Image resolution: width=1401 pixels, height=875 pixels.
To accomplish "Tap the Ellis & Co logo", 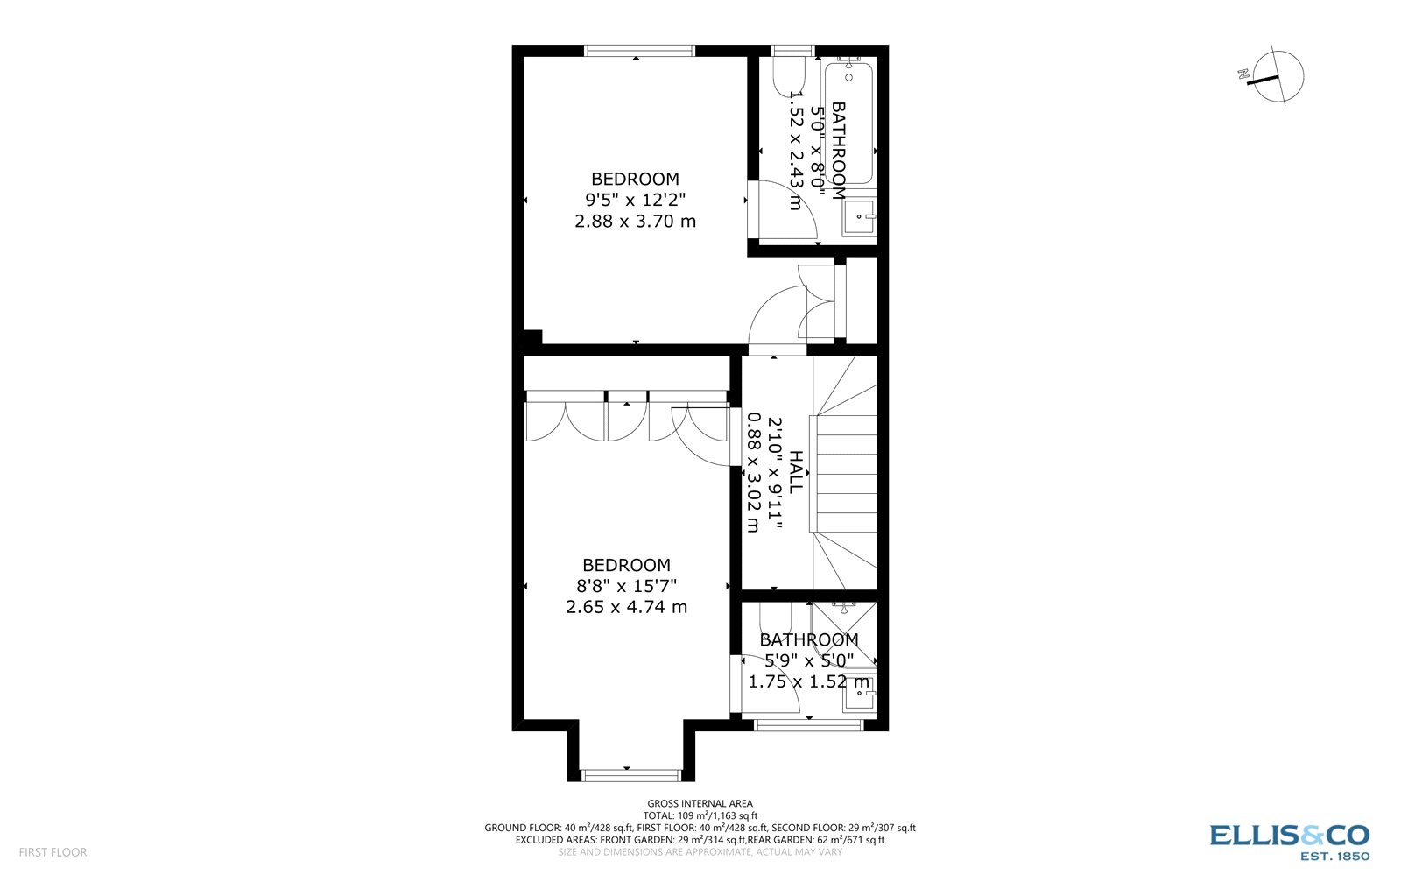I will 1289,841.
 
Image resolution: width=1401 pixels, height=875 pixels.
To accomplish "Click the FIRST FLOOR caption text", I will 53,852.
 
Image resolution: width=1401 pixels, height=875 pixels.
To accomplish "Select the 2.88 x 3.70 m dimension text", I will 635,222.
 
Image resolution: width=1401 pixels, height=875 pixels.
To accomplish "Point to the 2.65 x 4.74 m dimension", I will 626,607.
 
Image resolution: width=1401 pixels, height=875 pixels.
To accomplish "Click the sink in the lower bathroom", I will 858,695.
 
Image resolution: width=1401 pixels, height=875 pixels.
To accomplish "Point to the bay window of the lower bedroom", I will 630,774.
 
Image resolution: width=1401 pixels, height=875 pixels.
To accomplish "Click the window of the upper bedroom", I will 639,51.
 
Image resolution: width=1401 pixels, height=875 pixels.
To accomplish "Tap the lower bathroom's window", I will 808,724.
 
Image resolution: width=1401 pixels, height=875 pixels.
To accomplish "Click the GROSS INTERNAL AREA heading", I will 700,803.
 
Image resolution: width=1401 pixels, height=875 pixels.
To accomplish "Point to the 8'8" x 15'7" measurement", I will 626,586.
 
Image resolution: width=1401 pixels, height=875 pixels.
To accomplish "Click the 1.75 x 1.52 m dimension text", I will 809,681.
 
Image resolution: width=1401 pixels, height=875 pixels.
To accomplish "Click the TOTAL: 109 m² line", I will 700,815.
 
